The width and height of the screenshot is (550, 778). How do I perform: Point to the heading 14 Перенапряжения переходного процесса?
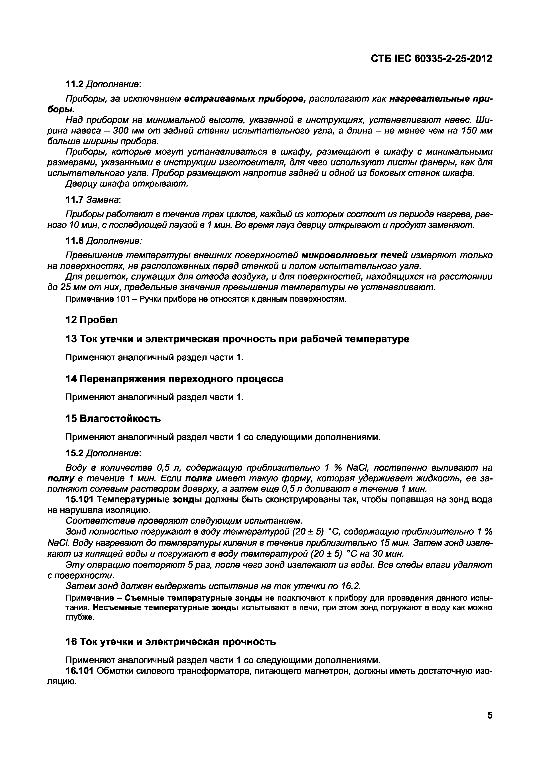click(x=174, y=379)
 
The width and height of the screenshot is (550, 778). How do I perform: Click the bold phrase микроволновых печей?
click(x=354, y=255)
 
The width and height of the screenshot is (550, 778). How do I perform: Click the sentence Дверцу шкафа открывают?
click(x=126, y=184)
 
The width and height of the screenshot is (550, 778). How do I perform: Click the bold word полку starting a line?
click(x=61, y=478)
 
